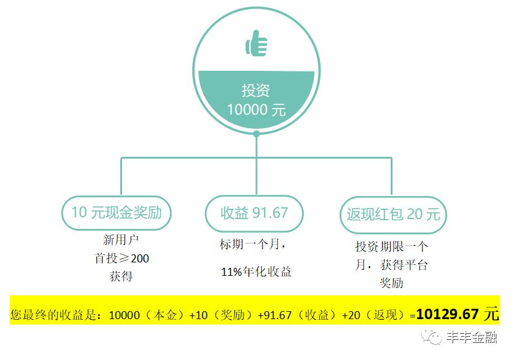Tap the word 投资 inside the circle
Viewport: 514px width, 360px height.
coord(256,91)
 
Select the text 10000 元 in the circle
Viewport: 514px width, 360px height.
coord(256,110)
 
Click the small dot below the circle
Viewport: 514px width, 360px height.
coord(256,134)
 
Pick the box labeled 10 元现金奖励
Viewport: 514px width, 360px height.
coord(117,213)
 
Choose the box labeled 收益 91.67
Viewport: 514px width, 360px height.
coord(254,213)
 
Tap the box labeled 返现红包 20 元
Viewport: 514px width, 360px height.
coord(393,215)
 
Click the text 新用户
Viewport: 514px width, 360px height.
coord(117,240)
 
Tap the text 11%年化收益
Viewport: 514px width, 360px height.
coord(256,272)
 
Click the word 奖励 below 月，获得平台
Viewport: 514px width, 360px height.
coord(391,283)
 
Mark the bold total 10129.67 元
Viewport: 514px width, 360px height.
coord(457,315)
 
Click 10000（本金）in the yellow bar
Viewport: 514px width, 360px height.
coord(146,315)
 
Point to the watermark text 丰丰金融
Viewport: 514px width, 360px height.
coord(471,337)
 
